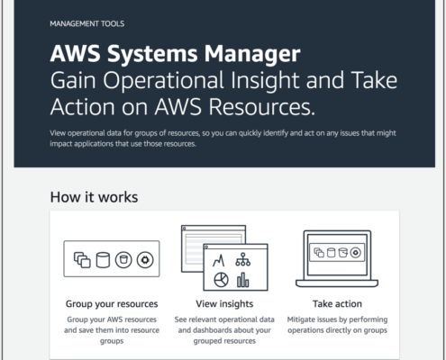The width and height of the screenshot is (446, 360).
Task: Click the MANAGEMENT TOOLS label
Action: pos(87,23)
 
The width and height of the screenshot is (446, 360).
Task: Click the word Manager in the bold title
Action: pos(252,54)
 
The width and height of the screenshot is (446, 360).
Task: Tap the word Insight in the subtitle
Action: pos(265,81)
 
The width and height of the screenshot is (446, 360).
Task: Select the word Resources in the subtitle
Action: pos(261,107)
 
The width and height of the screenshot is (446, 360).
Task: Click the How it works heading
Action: pos(94,197)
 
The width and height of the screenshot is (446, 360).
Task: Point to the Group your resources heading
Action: pos(112,304)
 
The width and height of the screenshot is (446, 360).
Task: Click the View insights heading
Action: pos(224,304)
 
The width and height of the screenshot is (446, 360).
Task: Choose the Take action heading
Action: pos(337,304)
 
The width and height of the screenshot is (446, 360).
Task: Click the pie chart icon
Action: pos(221,280)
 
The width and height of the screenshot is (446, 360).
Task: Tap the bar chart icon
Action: pos(243,280)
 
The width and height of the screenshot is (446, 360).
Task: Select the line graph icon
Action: pos(219,261)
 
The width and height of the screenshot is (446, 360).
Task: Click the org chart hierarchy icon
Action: pos(243,259)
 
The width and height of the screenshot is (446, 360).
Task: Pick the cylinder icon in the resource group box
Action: pos(103,260)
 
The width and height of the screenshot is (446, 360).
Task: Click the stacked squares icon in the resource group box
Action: pos(82,260)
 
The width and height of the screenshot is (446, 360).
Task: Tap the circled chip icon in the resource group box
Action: pos(145,260)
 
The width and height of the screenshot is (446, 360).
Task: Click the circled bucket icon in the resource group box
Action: pos(123,260)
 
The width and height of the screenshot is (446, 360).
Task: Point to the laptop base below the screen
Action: pos(337,283)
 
